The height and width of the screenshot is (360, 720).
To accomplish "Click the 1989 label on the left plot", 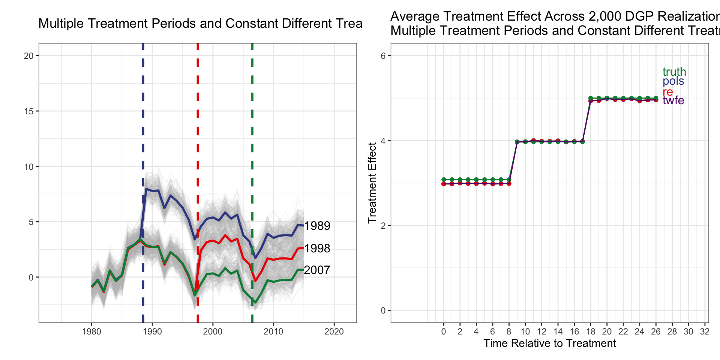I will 317,226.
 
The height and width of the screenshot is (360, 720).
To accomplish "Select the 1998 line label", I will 317,248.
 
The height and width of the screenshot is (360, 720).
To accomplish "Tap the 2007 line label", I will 317,270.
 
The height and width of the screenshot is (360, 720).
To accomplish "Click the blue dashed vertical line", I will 143,112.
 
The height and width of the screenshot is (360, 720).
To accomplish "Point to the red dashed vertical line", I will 198,112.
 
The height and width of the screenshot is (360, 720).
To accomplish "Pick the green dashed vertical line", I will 252,112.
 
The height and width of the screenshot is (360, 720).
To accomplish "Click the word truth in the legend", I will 674,72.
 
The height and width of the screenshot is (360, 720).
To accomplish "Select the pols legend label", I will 673,81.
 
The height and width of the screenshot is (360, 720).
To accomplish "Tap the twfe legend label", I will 673,100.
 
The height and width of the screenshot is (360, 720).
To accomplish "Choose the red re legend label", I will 667,91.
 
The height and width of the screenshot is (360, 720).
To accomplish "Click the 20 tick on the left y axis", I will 28,56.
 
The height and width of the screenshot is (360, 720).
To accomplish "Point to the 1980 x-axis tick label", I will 91,331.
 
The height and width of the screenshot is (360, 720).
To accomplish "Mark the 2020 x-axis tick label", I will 334,331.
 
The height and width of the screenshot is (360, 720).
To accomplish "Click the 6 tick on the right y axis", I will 383,56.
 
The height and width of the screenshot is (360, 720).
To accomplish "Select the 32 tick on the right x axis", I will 705,331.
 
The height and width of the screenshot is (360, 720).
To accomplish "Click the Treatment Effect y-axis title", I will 372,183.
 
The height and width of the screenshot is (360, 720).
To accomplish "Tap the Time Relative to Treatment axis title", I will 549,343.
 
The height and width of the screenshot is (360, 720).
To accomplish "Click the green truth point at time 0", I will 444,180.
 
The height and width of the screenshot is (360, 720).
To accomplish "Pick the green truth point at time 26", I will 656,98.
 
